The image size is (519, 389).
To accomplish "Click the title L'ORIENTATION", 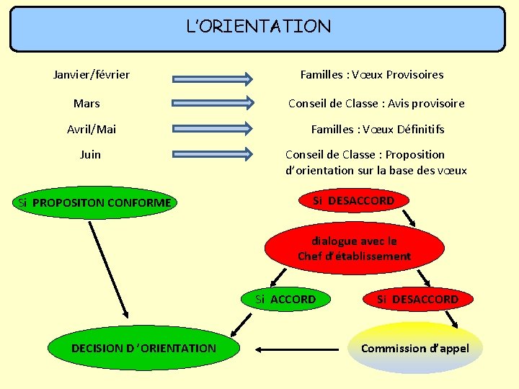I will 259,27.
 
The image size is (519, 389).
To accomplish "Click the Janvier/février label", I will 92,74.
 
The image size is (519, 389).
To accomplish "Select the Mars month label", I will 86,104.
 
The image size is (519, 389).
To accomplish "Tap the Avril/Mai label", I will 92,130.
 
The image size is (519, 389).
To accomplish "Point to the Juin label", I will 90,155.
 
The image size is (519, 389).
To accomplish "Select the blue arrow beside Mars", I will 213,102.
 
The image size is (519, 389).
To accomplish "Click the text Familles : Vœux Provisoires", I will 371,75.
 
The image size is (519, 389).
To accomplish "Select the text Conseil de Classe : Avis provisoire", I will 376,104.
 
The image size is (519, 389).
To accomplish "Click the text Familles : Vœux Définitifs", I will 378,130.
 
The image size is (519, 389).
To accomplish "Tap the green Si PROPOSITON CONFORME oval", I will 94,202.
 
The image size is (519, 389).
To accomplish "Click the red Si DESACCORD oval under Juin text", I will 353,201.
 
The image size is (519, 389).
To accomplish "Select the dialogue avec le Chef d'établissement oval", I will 354,249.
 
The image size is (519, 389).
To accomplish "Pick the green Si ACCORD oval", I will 285,299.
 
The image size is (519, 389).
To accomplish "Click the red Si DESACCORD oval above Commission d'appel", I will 417,299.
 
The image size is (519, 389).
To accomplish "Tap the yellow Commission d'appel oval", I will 415,349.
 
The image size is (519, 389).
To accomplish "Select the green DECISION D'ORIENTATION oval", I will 143,349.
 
